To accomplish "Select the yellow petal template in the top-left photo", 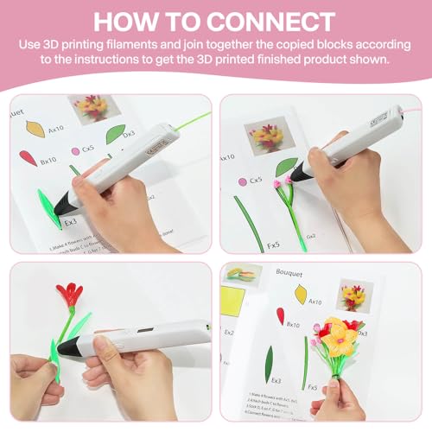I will [x=35, y=127].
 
